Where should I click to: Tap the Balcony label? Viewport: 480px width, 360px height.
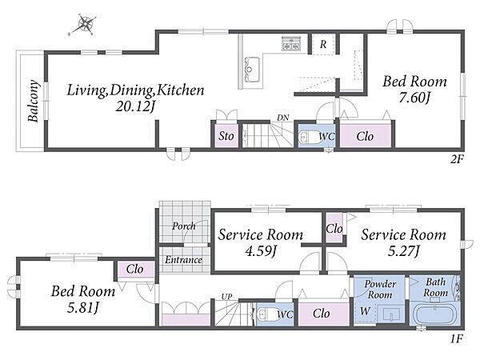(x=34, y=101)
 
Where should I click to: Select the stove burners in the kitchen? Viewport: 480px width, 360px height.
(x=291, y=43)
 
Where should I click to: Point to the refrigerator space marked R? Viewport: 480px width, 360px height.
(x=323, y=44)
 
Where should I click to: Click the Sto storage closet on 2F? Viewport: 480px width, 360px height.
(x=226, y=136)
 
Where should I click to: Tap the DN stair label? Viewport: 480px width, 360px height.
(x=283, y=118)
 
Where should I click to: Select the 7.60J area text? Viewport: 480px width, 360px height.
(x=414, y=98)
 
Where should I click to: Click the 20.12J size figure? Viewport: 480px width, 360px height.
(x=135, y=106)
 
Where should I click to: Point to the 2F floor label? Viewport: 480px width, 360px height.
(x=458, y=159)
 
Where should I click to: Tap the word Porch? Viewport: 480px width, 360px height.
(x=184, y=226)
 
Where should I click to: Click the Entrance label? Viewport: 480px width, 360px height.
(x=183, y=260)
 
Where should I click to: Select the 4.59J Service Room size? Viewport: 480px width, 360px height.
(x=261, y=251)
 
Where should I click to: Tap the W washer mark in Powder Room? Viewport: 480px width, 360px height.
(x=365, y=311)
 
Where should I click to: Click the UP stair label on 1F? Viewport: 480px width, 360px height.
(x=227, y=296)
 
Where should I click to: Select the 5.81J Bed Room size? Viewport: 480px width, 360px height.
(x=83, y=308)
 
